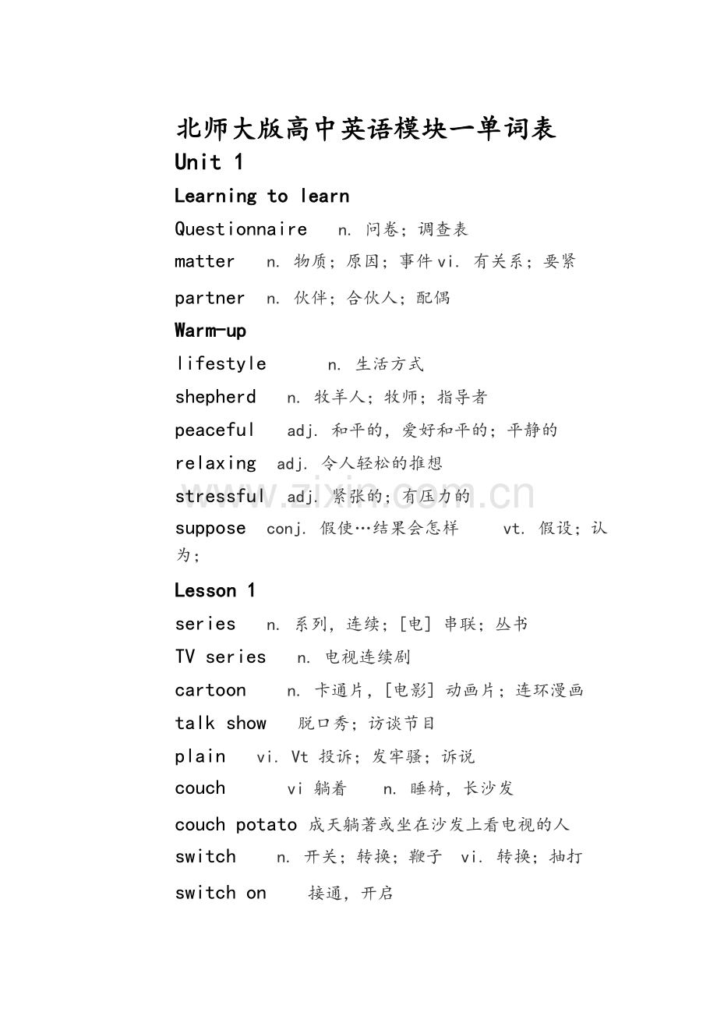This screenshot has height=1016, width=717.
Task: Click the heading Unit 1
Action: [209, 162]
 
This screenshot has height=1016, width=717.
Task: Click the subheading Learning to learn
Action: [262, 196]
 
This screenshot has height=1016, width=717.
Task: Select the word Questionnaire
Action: [241, 228]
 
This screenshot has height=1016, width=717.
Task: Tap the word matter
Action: [205, 261]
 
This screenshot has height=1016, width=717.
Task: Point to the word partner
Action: [210, 298]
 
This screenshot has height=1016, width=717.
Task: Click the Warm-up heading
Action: [210, 331]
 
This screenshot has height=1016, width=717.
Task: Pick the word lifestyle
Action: [221, 363]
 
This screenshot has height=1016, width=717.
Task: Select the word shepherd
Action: [215, 397]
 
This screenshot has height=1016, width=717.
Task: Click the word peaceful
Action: [214, 430]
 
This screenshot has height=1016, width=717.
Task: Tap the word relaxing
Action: [215, 463]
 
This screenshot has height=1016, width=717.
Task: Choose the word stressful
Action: [219, 496]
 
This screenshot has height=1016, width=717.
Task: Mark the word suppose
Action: [210, 529]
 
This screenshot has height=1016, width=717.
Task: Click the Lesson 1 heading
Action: [215, 590]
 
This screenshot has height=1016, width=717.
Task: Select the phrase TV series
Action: [221, 657]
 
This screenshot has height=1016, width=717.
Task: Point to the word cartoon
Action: [210, 690]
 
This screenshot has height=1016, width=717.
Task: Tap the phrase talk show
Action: [221, 723]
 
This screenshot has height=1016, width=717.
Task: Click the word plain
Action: [200, 756]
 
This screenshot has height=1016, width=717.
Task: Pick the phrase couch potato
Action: [235, 824]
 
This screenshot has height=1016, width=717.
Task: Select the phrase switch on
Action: [221, 893]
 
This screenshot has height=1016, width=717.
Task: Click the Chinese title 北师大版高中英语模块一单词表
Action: [366, 129]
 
